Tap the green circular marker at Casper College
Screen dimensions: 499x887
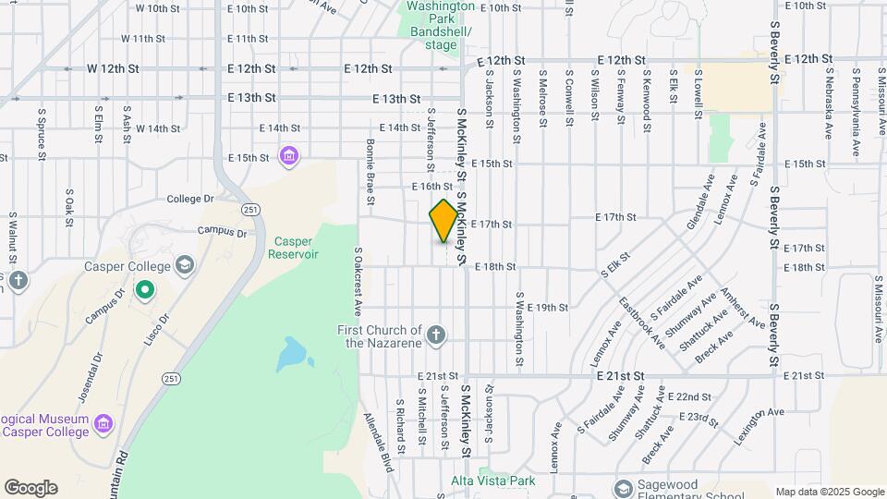click(x=145, y=292)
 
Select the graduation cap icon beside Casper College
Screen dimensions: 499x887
click(x=185, y=266)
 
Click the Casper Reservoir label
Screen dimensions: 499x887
click(x=293, y=247)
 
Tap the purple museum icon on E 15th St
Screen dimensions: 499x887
click(x=289, y=156)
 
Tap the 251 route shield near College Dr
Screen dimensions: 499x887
click(x=250, y=211)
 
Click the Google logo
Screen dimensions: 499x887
click(x=30, y=488)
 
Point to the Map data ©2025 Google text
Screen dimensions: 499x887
click(x=829, y=492)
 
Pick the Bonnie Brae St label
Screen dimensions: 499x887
click(x=370, y=171)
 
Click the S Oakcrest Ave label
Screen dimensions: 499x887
click(x=358, y=281)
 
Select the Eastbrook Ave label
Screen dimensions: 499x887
click(x=642, y=321)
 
